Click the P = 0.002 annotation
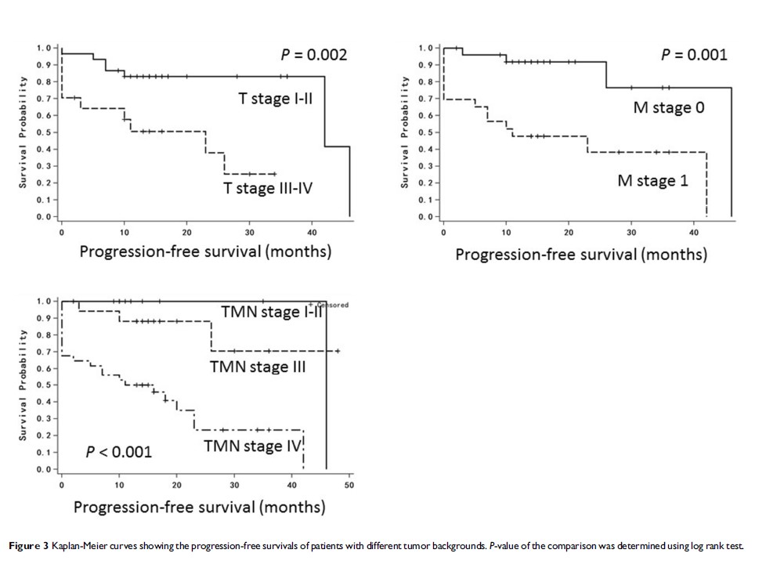(x=314, y=55)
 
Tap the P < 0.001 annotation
(x=119, y=452)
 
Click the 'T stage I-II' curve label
(x=276, y=99)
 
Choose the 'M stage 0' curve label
(x=668, y=108)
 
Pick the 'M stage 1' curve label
(x=657, y=181)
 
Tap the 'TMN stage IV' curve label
(x=252, y=446)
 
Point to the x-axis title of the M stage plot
(x=581, y=255)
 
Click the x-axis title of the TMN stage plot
(x=199, y=507)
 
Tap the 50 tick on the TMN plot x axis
(x=349, y=485)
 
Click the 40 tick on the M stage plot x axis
(x=694, y=232)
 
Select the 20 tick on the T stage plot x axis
(x=187, y=233)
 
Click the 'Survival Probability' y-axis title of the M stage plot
(x=405, y=132)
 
